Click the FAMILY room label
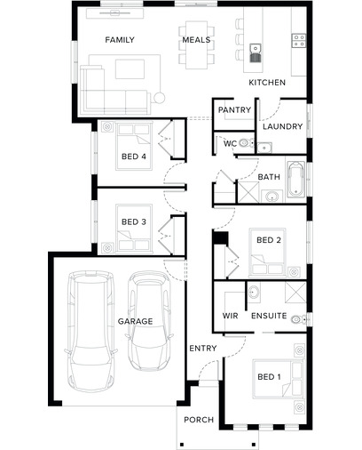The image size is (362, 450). (x=120, y=40)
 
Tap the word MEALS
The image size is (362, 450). (x=196, y=40)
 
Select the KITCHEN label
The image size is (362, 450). (x=267, y=83)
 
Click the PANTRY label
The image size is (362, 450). (x=234, y=110)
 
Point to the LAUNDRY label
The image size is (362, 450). (x=283, y=126)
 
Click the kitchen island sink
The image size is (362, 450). (x=256, y=53)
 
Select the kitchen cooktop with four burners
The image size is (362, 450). (x=299, y=41)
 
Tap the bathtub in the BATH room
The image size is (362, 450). (x=296, y=180)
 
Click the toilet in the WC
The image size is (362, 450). (x=246, y=143)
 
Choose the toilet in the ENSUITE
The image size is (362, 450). (x=299, y=320)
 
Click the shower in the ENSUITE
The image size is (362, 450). (x=295, y=293)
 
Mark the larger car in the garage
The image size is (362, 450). (x=90, y=331)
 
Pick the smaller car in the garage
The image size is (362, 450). (x=150, y=321)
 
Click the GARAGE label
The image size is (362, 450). (x=136, y=321)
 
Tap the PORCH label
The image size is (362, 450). (x=199, y=420)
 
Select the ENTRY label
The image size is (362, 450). (x=203, y=349)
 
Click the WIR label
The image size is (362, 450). (x=230, y=316)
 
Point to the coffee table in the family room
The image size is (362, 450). (x=130, y=69)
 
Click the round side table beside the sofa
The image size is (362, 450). (x=160, y=98)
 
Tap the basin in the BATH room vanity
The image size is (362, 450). (x=271, y=196)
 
